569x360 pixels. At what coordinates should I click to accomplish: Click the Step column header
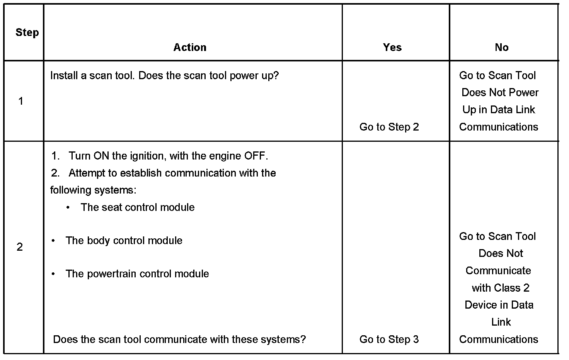tap(27, 32)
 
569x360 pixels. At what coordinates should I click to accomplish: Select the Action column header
tap(190, 48)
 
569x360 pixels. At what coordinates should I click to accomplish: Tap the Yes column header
tap(392, 48)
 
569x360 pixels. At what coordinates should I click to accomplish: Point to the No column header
tap(501, 48)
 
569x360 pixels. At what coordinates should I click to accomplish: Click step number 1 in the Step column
tap(21, 101)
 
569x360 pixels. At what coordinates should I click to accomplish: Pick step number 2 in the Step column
tap(20, 247)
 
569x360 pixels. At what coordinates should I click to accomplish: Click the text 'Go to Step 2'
tap(389, 127)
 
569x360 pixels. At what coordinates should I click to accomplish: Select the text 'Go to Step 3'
tap(389, 340)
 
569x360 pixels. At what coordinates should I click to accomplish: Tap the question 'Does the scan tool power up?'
tap(208, 76)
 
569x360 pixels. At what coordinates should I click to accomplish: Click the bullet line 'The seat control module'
tap(137, 207)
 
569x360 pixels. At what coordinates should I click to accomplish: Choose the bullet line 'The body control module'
tap(124, 241)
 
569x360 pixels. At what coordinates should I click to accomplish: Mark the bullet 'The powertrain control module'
tap(137, 274)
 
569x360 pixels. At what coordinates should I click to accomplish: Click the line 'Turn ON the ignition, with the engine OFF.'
tap(168, 156)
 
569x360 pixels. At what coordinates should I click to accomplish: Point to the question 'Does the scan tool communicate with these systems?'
tap(179, 340)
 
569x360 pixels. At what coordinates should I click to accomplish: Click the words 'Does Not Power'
tap(500, 93)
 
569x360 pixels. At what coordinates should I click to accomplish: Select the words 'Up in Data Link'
tap(499, 110)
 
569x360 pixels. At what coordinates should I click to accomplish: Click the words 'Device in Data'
tap(499, 305)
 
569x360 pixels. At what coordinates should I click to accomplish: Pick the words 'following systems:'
tap(93, 190)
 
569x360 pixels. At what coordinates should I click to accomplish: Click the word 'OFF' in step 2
tap(255, 156)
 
